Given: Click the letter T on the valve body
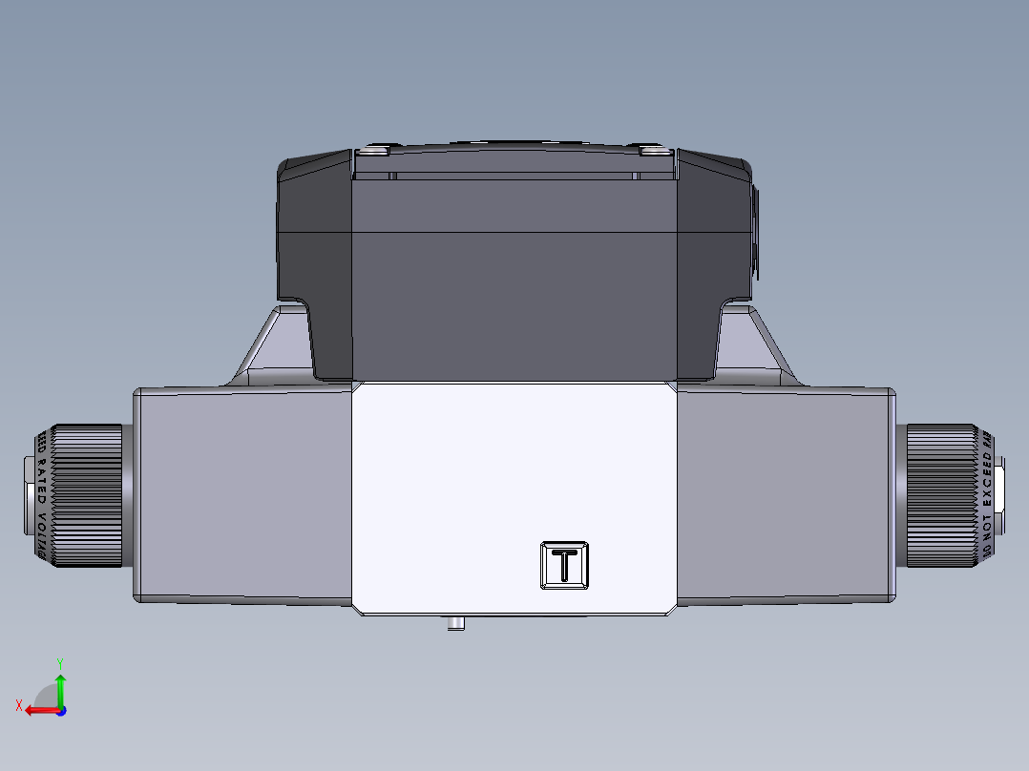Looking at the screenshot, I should click(565, 566).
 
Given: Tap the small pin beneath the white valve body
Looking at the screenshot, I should click(456, 624).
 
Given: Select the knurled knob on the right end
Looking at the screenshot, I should click(940, 495).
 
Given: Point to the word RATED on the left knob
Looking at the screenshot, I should click(41, 484).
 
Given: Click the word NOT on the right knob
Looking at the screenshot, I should click(987, 528).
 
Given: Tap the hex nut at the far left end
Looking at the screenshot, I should click(29, 495).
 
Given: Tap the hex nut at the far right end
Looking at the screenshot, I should click(998, 495).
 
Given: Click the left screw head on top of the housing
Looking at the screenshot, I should click(374, 150).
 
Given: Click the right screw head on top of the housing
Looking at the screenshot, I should click(655, 150).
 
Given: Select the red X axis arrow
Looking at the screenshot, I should click(36, 710).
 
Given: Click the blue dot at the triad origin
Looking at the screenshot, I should click(60, 710).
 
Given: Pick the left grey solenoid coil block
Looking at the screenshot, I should click(243, 495).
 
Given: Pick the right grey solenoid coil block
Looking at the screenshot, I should click(785, 495).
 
